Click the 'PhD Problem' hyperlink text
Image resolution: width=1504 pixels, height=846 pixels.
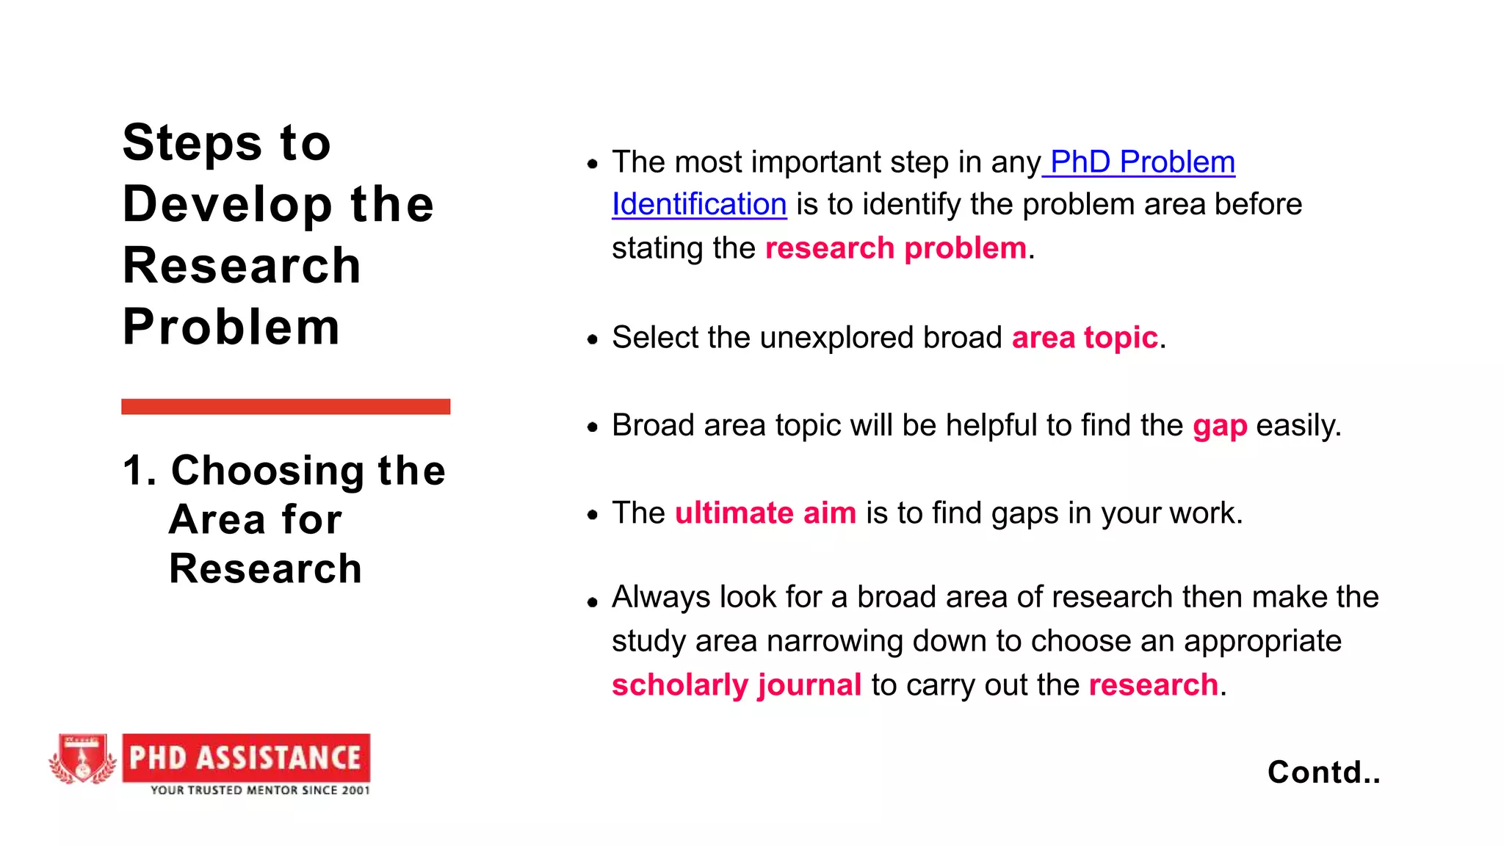click(x=1142, y=162)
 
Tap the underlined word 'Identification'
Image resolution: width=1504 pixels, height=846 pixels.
click(x=699, y=204)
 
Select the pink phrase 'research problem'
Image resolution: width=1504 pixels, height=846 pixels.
click(x=895, y=248)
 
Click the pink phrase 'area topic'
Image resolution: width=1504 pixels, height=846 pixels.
click(x=1085, y=338)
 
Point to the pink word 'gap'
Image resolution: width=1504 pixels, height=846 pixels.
click(x=1220, y=426)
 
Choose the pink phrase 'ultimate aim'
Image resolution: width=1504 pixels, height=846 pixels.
click(x=765, y=513)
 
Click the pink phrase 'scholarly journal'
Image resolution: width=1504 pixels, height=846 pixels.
click(x=737, y=685)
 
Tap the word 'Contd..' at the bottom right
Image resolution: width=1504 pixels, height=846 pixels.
click(x=1323, y=772)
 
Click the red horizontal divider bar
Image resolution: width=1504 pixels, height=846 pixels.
click(x=286, y=407)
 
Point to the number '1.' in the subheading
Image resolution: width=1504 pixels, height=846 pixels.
click(x=139, y=471)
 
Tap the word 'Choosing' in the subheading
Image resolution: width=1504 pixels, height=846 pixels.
click(x=267, y=471)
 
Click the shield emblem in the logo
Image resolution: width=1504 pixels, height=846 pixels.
click(x=82, y=759)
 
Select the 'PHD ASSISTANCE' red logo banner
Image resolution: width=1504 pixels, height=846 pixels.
click(x=246, y=757)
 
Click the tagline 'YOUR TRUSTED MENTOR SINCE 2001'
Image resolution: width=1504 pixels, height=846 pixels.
click(x=260, y=790)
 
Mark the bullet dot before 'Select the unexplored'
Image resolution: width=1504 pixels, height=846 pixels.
click(x=593, y=339)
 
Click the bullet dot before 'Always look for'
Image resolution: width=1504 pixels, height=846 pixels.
click(x=593, y=603)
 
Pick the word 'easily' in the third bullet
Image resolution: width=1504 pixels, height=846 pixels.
click(x=1297, y=426)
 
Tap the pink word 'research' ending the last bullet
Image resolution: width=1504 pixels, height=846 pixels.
click(x=1153, y=685)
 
